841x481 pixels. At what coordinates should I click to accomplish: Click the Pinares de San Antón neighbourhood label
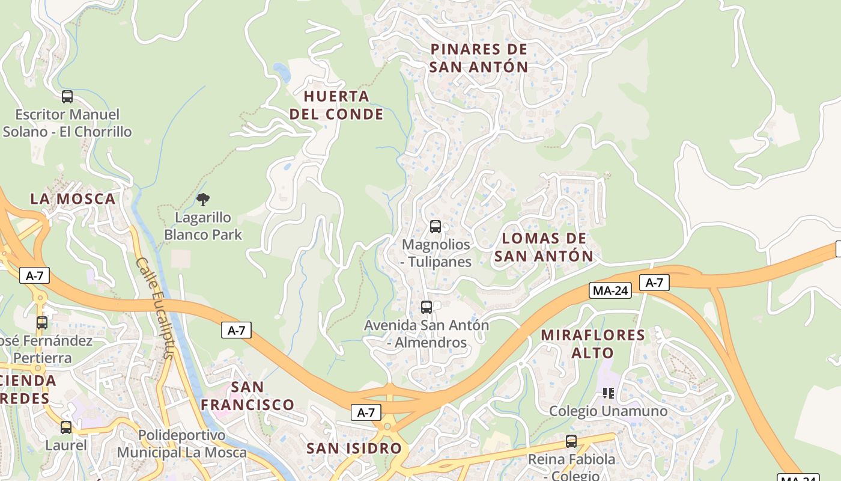pyautogui.click(x=479, y=58)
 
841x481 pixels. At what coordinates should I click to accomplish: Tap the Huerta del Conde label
pyautogui.click(x=336, y=105)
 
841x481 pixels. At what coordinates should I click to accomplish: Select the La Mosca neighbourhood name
pyautogui.click(x=73, y=199)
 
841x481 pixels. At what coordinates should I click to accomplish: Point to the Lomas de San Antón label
pyautogui.click(x=544, y=247)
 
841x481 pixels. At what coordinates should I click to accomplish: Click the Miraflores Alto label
pyautogui.click(x=593, y=344)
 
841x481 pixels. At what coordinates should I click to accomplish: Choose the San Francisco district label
pyautogui.click(x=247, y=396)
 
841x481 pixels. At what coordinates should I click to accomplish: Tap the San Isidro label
pyautogui.click(x=354, y=449)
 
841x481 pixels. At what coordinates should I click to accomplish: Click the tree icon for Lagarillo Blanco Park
pyautogui.click(x=203, y=200)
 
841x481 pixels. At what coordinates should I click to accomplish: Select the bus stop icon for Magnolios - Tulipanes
pyautogui.click(x=436, y=227)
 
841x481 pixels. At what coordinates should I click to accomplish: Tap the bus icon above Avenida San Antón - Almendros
pyautogui.click(x=427, y=307)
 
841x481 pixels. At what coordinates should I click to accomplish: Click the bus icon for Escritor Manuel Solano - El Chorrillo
pyautogui.click(x=67, y=97)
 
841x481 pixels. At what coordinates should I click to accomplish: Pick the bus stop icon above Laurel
pyautogui.click(x=66, y=427)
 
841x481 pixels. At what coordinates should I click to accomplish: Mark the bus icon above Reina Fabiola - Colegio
pyautogui.click(x=571, y=441)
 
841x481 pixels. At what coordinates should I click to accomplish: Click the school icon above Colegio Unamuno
pyautogui.click(x=608, y=393)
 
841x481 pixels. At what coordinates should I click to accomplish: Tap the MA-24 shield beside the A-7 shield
pyautogui.click(x=610, y=290)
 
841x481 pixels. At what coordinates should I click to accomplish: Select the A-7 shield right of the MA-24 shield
pyautogui.click(x=654, y=283)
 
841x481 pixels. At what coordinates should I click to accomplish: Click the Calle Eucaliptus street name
pyautogui.click(x=155, y=308)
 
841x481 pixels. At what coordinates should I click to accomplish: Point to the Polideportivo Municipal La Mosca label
pyautogui.click(x=181, y=444)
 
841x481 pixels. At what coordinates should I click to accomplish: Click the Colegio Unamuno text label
pyautogui.click(x=608, y=411)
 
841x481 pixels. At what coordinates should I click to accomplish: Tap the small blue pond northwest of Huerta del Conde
pyautogui.click(x=281, y=72)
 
